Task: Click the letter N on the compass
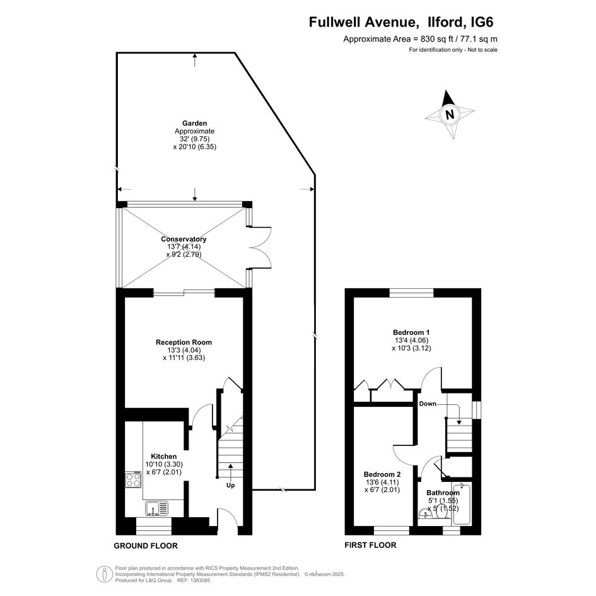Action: click(x=450, y=114)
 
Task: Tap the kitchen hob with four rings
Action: click(x=133, y=479)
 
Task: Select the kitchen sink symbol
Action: click(x=156, y=508)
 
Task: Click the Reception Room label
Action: click(x=184, y=342)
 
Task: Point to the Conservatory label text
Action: click(x=184, y=239)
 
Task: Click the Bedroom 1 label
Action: click(x=411, y=332)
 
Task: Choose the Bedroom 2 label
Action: click(x=382, y=474)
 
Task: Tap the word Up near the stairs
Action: click(x=230, y=486)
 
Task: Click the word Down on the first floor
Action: click(x=428, y=404)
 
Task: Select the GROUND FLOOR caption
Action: click(x=146, y=546)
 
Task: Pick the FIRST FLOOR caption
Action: click(x=370, y=545)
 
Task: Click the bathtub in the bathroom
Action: click(x=462, y=504)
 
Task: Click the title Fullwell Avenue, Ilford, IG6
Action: click(x=401, y=22)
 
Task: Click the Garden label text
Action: click(x=195, y=123)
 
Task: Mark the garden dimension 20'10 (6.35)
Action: click(x=195, y=147)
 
